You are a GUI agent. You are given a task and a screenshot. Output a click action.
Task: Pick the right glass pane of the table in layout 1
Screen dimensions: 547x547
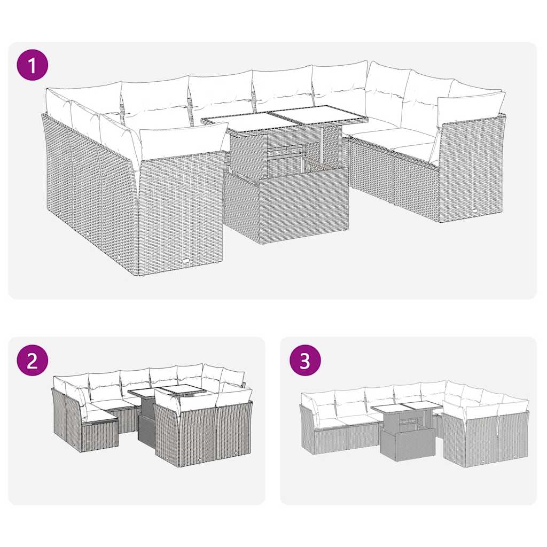point(318,114)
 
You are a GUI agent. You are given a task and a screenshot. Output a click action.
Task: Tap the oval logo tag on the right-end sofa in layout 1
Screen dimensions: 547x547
point(475,212)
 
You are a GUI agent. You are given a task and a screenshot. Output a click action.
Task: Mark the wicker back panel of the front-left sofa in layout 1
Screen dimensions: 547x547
point(181,214)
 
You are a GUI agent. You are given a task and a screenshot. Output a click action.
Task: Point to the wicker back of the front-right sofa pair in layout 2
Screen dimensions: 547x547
point(203,433)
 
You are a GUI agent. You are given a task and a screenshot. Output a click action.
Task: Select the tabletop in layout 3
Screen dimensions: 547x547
point(406,407)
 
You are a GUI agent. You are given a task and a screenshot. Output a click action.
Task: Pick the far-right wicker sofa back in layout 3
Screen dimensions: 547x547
point(513,435)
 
